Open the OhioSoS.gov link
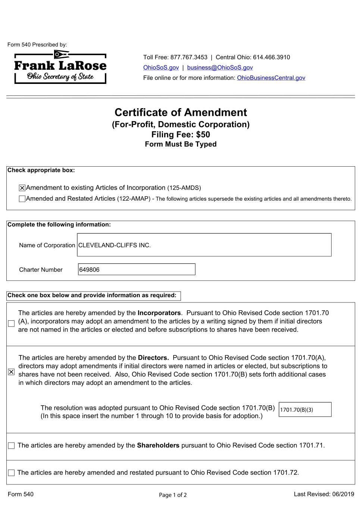point(161,67)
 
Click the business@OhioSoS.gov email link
point(220,67)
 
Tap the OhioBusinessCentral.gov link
point(271,78)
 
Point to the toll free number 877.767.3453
point(189,57)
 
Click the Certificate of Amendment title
point(181,113)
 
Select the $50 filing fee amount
point(203,135)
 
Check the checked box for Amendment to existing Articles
point(22,188)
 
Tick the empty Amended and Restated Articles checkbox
point(22,199)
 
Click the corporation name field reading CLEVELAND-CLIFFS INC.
point(204,245)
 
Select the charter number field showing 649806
point(136,270)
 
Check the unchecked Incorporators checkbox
point(11,323)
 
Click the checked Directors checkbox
point(11,372)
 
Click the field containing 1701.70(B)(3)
point(305,409)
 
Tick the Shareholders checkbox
point(11,446)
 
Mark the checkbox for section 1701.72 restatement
point(11,473)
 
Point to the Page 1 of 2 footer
point(173,495)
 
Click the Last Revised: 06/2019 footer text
point(324,494)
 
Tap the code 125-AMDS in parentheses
point(184,188)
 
